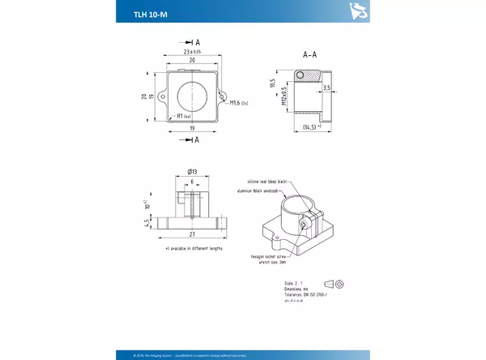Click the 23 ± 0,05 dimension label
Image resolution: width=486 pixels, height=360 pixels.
(191, 52)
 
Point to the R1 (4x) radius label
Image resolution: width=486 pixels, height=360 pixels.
(183, 117)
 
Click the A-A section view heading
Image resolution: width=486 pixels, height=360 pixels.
(309, 55)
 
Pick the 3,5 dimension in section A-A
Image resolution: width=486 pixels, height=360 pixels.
(326, 87)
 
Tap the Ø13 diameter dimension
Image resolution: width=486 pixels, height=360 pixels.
(193, 171)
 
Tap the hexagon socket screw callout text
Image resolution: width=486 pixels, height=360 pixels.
(269, 256)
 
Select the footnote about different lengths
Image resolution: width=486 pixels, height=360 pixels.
(193, 248)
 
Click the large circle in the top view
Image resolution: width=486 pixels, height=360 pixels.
(193, 96)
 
